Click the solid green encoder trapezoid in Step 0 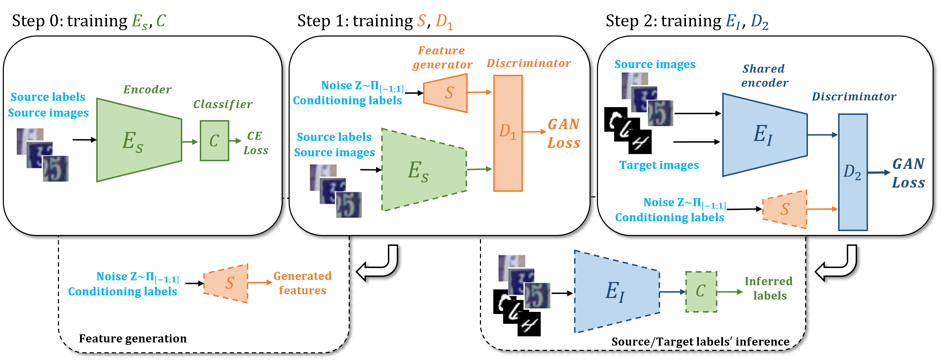(139, 140)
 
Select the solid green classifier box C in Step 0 (215, 141)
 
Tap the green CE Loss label (256, 143)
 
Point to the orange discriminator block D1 (508, 133)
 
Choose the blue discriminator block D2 (853, 172)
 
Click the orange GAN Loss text (564, 133)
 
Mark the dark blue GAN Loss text (908, 173)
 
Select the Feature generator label (442, 57)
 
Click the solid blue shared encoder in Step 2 (765, 135)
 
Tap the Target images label (659, 165)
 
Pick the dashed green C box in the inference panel (701, 292)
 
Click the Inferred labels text (769, 288)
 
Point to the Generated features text (302, 283)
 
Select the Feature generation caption (133, 339)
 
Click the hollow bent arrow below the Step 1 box (377, 263)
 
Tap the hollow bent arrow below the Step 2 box (836, 263)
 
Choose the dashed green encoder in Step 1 (424, 170)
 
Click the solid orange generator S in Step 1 (445, 93)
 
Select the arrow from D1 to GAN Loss (534, 132)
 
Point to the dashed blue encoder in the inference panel (617, 291)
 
